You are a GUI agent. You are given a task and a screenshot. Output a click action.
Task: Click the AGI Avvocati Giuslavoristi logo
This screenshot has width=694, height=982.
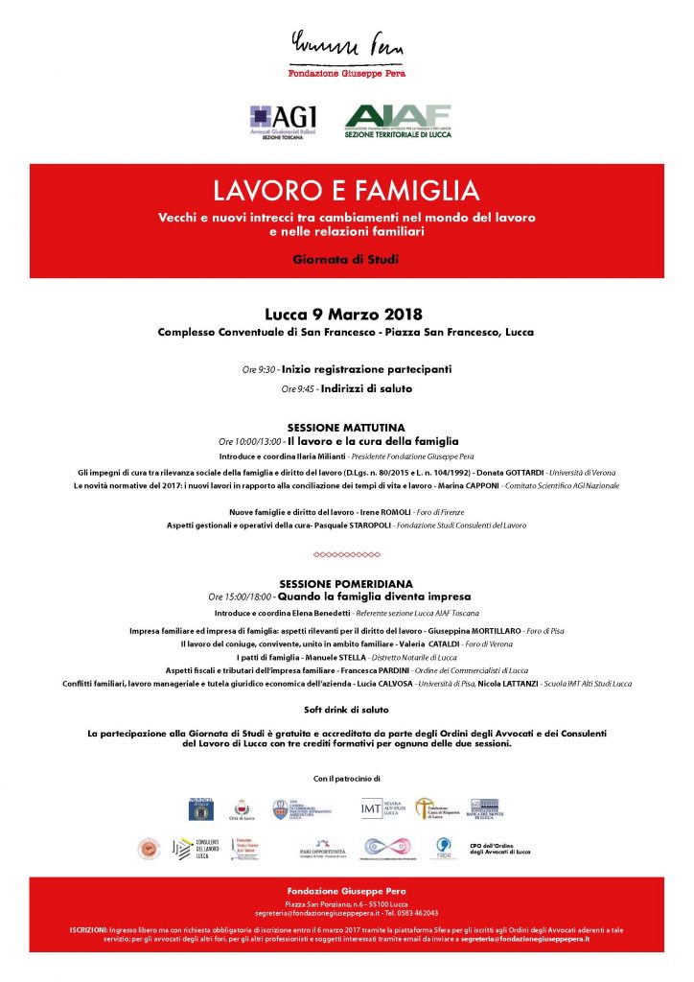coord(283,123)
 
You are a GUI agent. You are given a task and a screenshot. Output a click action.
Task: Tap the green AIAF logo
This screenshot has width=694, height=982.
coord(398,122)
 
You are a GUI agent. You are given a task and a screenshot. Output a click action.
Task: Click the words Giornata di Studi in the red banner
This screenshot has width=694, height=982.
coord(346,259)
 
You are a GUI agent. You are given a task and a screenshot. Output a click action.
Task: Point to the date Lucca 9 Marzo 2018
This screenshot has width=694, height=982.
coord(343,314)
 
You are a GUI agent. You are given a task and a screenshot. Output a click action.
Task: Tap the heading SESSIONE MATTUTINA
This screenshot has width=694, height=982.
coord(346,427)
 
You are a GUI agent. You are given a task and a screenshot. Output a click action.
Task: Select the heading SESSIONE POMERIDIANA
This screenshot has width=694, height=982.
coord(346,583)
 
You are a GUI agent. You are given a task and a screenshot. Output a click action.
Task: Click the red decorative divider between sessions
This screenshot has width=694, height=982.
coord(347,554)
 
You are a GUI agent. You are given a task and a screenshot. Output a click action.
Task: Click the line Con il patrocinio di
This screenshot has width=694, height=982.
coord(347,778)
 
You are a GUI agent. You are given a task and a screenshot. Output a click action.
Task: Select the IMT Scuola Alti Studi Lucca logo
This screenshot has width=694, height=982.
coord(381,808)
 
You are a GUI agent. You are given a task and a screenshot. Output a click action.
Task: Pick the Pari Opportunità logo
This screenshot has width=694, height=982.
coord(321,849)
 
